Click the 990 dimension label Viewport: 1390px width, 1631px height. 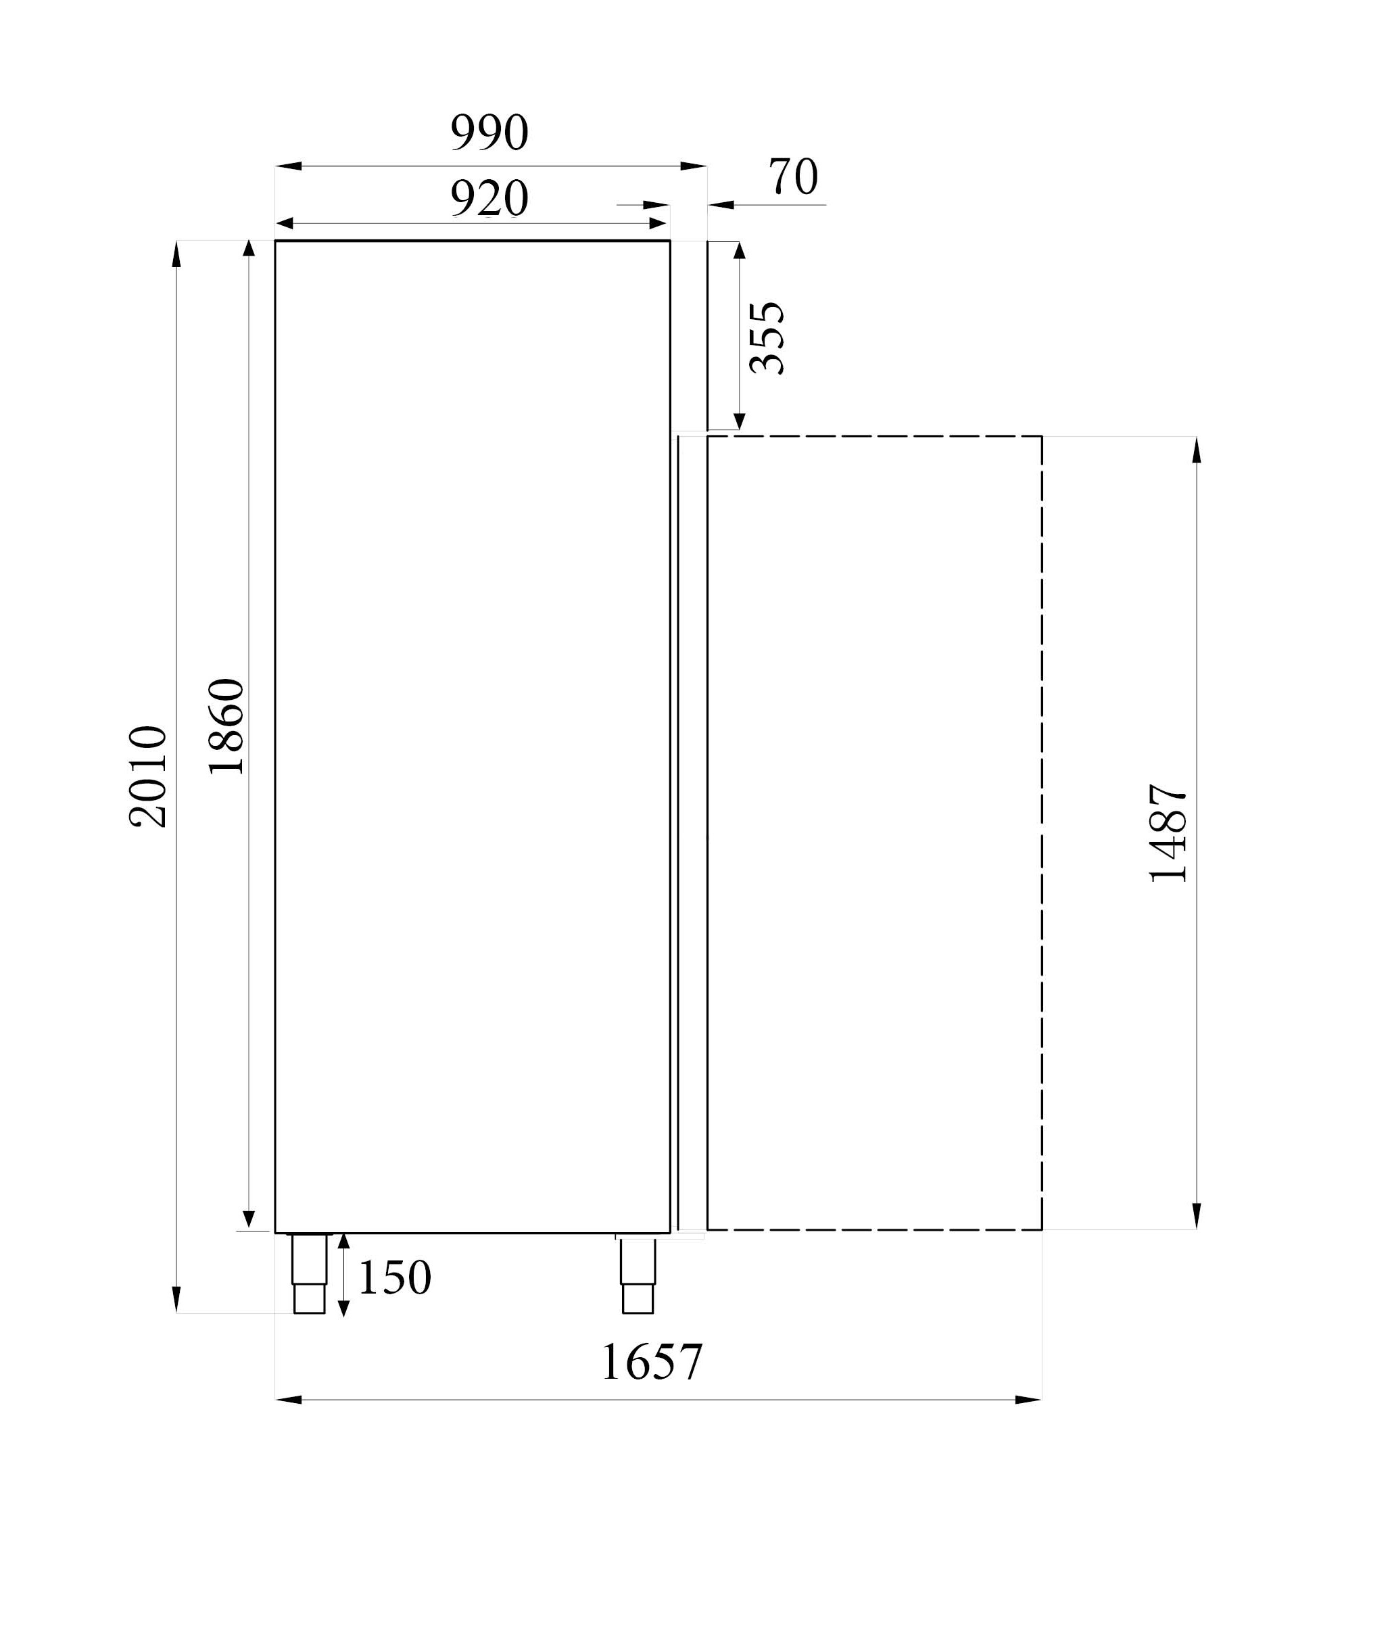(489, 133)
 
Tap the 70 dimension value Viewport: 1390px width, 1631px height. (794, 176)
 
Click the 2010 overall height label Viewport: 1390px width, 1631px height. (148, 776)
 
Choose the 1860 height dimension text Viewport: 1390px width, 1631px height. (226, 726)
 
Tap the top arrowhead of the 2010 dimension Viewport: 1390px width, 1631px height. (176, 254)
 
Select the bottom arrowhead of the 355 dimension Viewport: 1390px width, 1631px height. (739, 421)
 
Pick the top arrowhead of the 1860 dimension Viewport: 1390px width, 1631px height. (249, 249)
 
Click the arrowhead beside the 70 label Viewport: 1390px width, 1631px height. (721, 205)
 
